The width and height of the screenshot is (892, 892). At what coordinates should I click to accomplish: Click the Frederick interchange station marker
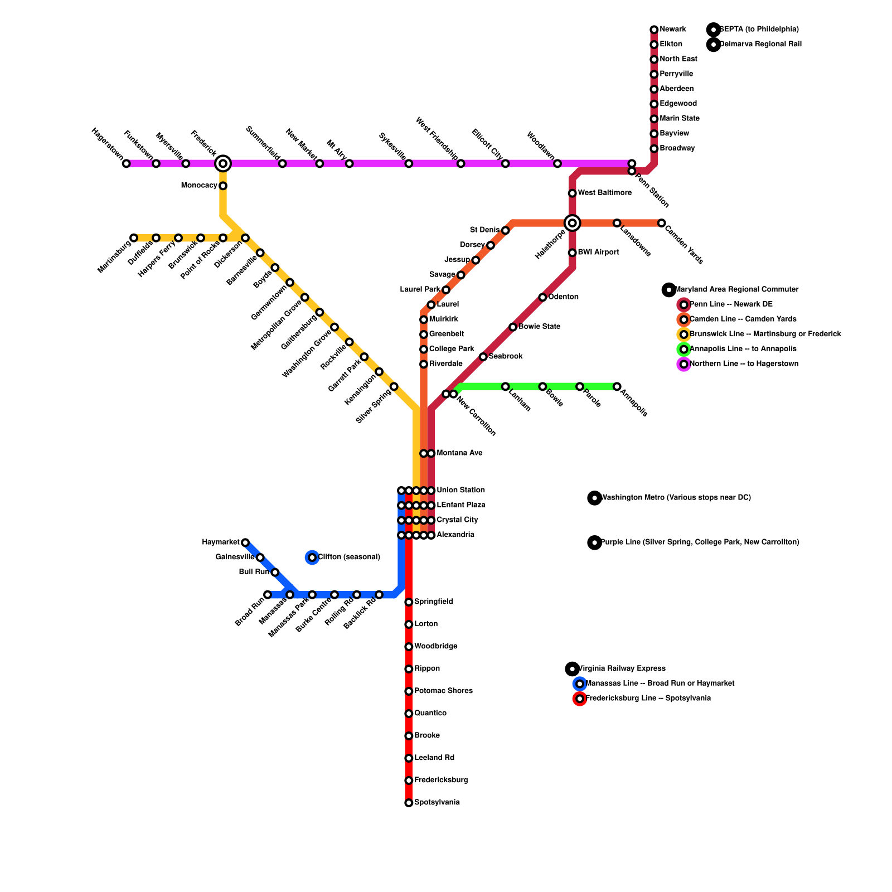[x=223, y=163]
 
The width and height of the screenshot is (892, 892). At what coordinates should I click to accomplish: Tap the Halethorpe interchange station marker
[x=572, y=223]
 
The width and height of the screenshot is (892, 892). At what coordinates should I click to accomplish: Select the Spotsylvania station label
[x=437, y=803]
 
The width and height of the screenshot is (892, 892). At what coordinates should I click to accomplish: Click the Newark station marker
[x=654, y=30]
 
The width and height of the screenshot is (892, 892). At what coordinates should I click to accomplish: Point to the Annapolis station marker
[x=617, y=386]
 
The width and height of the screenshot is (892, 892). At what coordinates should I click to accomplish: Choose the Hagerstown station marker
[x=127, y=163]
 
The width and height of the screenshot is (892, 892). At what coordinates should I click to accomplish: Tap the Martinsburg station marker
[x=134, y=238]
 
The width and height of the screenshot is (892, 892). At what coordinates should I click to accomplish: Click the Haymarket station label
[x=221, y=542]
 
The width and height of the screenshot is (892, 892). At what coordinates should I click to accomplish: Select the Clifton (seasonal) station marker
[x=312, y=557]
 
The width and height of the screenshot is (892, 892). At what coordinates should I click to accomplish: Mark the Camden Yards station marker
[x=661, y=223]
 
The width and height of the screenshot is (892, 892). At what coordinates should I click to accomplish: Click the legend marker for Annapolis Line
[x=683, y=350]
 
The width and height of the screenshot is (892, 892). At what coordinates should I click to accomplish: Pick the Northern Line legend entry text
[x=744, y=364]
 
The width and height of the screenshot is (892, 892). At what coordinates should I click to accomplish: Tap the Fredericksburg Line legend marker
[x=580, y=699]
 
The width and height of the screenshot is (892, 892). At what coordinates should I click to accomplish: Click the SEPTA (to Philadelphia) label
[x=759, y=30]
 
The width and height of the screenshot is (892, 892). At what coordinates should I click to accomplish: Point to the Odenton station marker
[x=542, y=297]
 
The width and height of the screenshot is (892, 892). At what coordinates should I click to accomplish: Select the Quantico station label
[x=430, y=714]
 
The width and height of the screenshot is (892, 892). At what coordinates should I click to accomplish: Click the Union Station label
[x=460, y=491]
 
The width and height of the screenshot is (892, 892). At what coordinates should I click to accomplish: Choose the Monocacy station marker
[x=223, y=186]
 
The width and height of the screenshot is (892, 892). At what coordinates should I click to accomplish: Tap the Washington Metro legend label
[x=676, y=498]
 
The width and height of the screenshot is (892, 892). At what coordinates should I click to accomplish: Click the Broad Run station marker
[x=268, y=595]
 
